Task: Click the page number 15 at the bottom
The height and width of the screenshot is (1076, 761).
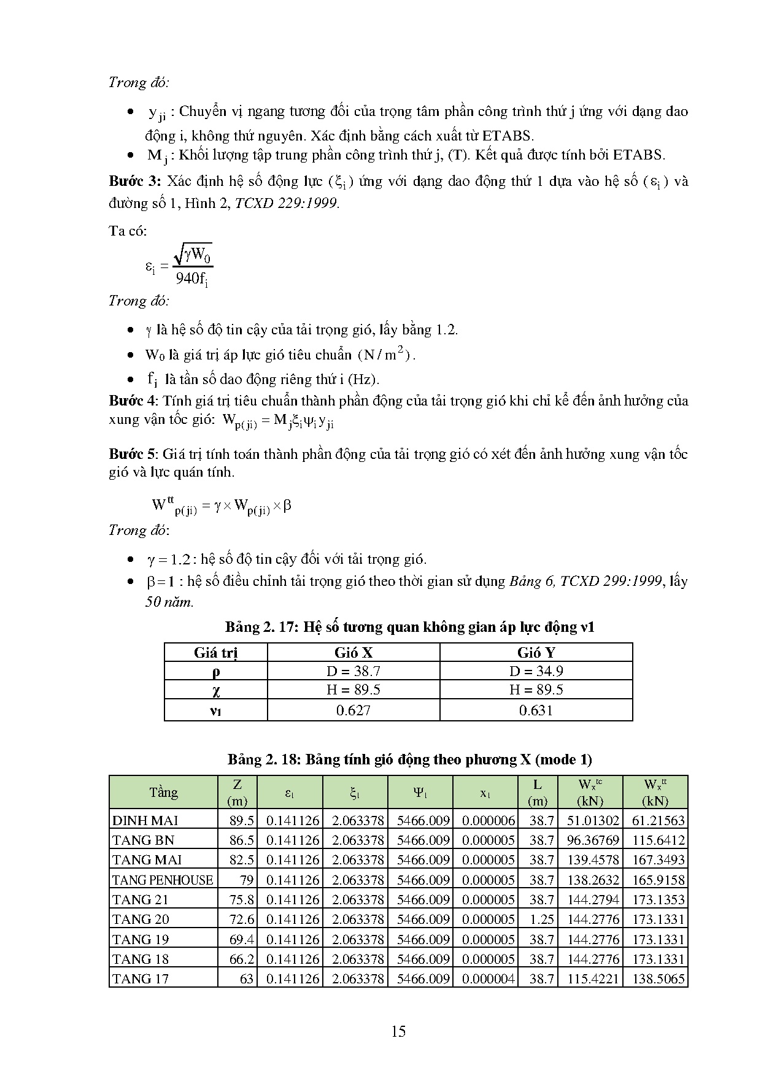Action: (x=398, y=1031)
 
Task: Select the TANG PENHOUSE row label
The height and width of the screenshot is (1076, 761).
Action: (x=163, y=880)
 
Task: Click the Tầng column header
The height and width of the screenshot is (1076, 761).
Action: (x=163, y=792)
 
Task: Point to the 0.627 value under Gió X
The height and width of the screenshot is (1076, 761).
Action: (x=353, y=710)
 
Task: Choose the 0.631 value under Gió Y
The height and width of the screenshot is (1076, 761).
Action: (x=536, y=710)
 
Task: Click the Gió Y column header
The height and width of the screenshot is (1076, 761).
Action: (x=536, y=652)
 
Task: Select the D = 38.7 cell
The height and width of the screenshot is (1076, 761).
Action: (x=353, y=671)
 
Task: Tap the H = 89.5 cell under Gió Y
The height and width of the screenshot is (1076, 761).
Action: (x=536, y=690)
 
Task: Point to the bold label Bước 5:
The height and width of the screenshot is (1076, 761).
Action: (x=134, y=454)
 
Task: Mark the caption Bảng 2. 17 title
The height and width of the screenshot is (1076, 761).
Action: (x=409, y=627)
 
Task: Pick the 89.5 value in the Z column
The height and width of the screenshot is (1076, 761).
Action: (x=242, y=820)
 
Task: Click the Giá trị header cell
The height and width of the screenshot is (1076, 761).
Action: (x=215, y=652)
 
